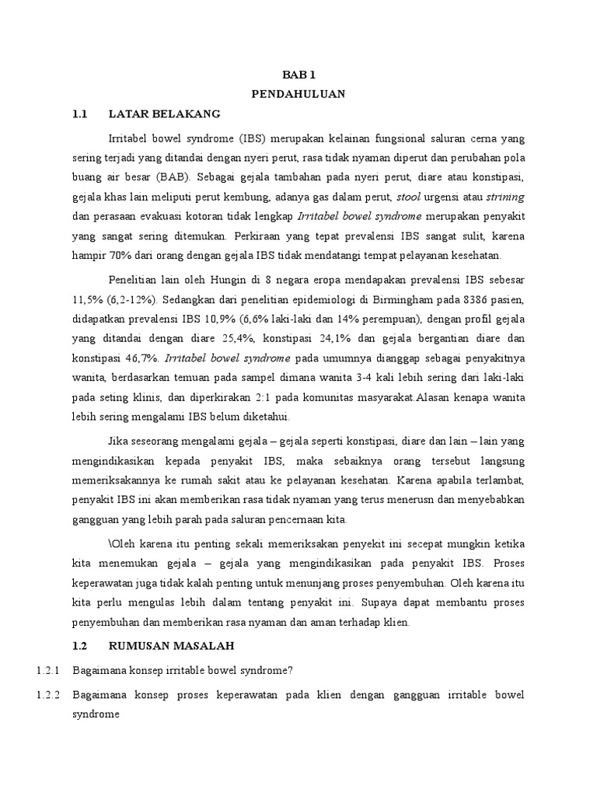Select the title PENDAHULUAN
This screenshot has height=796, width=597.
tap(298, 93)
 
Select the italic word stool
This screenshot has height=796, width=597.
tap(410, 197)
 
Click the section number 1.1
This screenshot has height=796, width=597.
tap(81, 114)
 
